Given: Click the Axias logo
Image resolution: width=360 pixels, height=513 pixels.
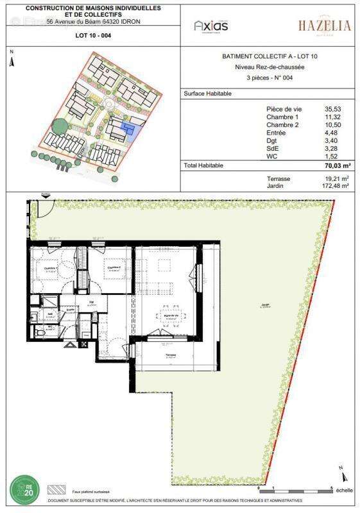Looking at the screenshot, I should [x=211, y=26].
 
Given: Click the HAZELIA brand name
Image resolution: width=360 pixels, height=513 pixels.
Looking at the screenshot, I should [x=324, y=26].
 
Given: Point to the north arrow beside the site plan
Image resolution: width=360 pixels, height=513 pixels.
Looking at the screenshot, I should [x=11, y=62].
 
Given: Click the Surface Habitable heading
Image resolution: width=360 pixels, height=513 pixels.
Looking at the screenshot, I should [x=207, y=94].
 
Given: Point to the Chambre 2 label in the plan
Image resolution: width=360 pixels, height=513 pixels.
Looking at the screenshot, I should [x=114, y=269].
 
